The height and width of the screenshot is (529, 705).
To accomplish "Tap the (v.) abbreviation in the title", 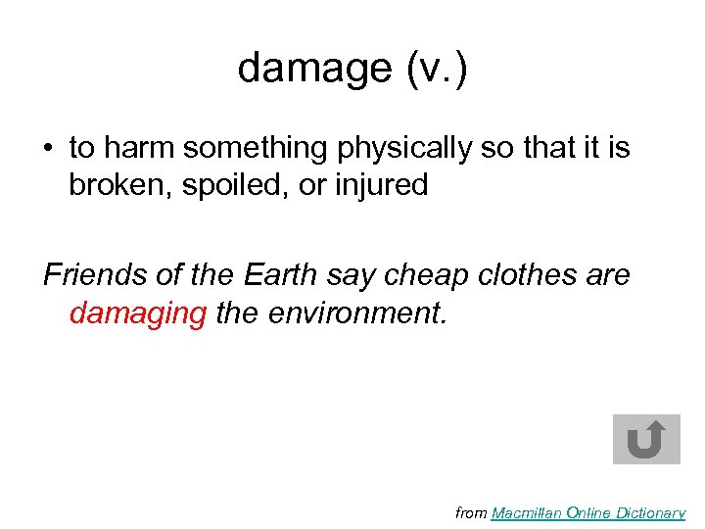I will pyautogui.click(x=435, y=69).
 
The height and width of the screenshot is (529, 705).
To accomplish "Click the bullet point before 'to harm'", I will pyautogui.click(x=48, y=149).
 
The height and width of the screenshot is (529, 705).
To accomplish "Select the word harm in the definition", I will pyautogui.click(x=137, y=148).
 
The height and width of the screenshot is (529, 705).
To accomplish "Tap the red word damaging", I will pyautogui.click(x=138, y=314).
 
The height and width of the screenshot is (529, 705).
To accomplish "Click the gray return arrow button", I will pyautogui.click(x=645, y=439).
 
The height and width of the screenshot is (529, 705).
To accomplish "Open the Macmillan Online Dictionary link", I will pyautogui.click(x=587, y=512).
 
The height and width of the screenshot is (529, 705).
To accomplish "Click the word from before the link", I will pyautogui.click(x=472, y=512).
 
